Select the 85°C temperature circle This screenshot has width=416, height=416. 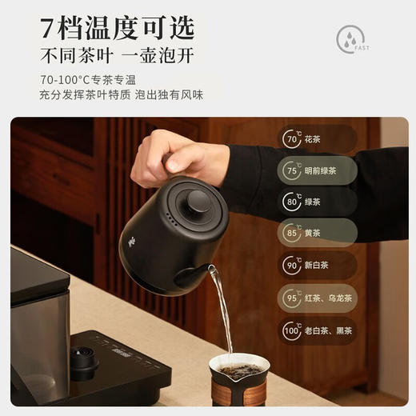(291, 234)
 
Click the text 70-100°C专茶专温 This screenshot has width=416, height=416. (88, 79)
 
